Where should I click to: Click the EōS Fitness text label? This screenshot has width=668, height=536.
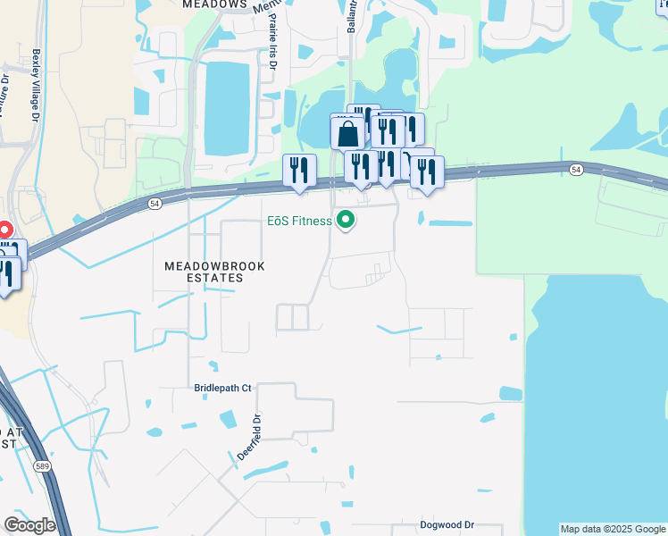coord(299,221)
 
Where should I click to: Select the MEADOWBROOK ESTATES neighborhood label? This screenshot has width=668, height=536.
coord(204,272)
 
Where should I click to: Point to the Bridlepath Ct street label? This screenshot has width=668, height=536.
coord(223,389)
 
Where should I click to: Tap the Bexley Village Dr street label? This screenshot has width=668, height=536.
coord(36,85)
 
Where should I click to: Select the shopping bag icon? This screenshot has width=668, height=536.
coord(347,135)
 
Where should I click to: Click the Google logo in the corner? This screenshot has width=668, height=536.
coord(29,524)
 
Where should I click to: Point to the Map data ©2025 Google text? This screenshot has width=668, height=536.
coord(613,529)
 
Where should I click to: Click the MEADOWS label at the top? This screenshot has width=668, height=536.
coord(214,4)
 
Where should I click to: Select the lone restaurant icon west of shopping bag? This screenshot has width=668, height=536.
coord(299,170)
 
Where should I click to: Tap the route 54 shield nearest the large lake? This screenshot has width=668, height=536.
coord(576,169)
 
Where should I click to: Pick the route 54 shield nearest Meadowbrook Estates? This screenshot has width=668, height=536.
coord(155,205)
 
